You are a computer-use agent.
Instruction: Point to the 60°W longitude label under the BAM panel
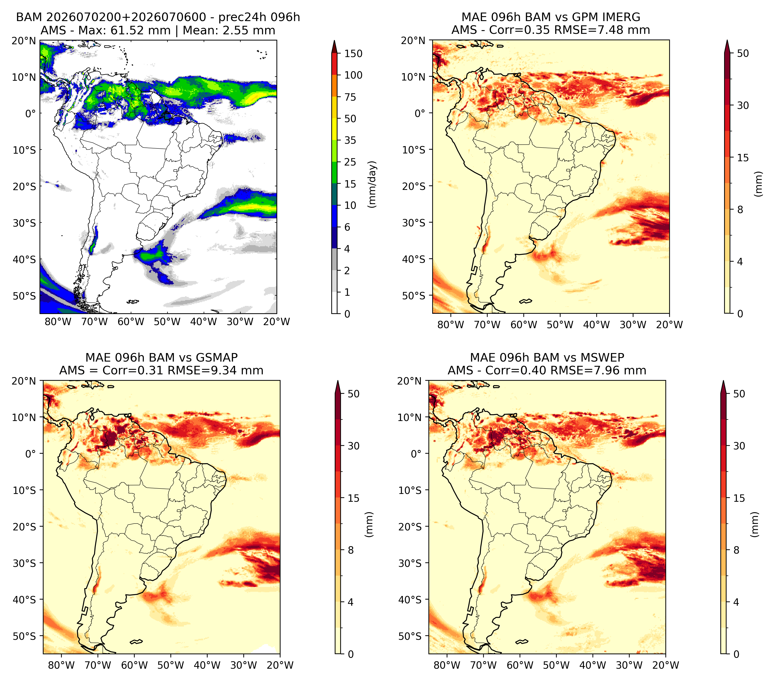pos(131,322)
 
